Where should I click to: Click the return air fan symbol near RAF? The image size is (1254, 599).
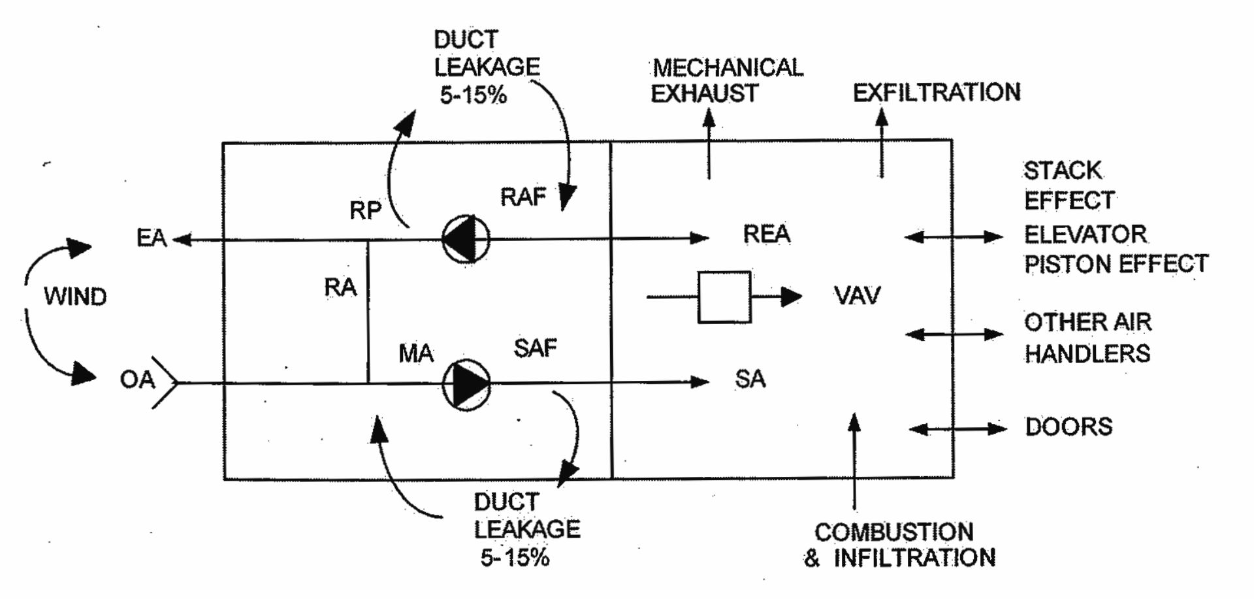tap(466, 239)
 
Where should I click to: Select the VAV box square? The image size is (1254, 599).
tap(724, 297)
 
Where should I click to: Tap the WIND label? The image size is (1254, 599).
tap(75, 297)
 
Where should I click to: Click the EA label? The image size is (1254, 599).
tap(152, 238)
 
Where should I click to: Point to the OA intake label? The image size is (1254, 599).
tap(137, 380)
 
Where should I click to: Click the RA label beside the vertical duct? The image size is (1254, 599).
tap(340, 287)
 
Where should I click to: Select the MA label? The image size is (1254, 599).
tap(416, 354)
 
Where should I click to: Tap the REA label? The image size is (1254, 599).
tap(766, 234)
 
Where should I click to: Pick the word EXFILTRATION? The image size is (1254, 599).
tap(937, 93)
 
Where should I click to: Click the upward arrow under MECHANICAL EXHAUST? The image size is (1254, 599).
tap(709, 144)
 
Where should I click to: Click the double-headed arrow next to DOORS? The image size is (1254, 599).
tap(957, 429)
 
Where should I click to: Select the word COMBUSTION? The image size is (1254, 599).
tap(893, 532)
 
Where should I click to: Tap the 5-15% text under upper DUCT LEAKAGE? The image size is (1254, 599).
tap(473, 95)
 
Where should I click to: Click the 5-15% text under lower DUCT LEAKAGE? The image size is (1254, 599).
tap(515, 558)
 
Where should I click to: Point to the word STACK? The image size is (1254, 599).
tap(1062, 171)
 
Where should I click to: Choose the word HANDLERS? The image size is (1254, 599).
tap(1087, 354)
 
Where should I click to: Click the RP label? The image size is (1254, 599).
tap(365, 210)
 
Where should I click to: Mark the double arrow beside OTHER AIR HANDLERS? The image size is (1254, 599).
tap(954, 334)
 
